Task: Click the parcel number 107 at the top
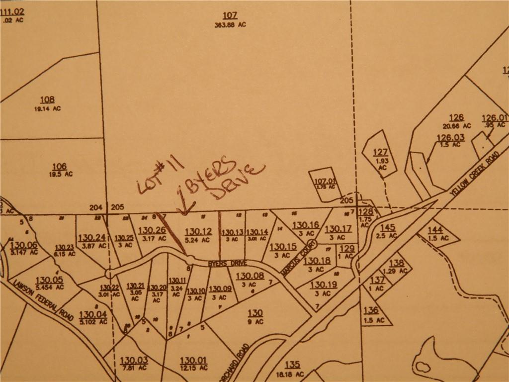(x=230, y=15)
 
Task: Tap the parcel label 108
(x=48, y=99)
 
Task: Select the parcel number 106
(x=59, y=166)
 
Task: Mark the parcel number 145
(x=387, y=227)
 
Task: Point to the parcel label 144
(x=435, y=230)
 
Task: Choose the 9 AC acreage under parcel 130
(x=255, y=322)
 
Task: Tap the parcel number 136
(x=371, y=310)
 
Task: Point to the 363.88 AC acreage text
(x=230, y=24)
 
